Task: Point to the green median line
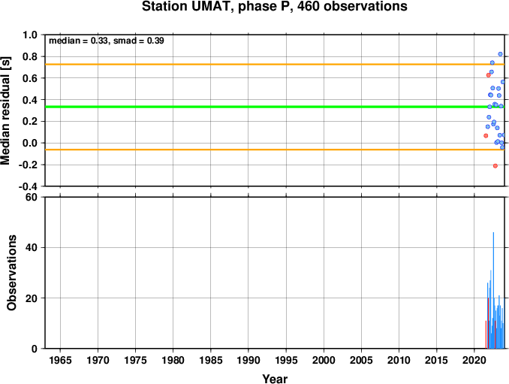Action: tap(275, 107)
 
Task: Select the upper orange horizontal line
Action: tap(275, 65)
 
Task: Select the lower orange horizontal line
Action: tap(275, 150)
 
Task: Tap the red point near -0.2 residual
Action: tap(495, 166)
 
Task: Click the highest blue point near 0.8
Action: tap(500, 54)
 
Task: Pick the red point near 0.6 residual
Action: tap(489, 75)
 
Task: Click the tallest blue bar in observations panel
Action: tap(493, 290)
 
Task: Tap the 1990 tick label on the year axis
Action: tap(248, 360)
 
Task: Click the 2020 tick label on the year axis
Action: tap(474, 360)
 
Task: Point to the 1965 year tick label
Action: tap(60, 360)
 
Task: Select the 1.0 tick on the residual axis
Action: tap(30, 35)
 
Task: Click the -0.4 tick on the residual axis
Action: tap(28, 186)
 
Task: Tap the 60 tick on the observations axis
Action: tap(32, 197)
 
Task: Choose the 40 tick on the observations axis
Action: tap(32, 247)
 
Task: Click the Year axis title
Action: tap(275, 379)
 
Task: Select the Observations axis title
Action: tap(12, 273)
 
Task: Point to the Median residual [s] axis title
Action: tap(5, 110)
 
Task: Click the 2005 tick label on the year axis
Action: tap(361, 360)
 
